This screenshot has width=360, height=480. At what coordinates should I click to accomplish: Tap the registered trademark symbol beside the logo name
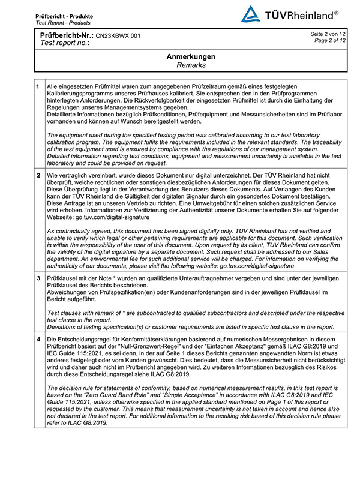(x=336, y=12)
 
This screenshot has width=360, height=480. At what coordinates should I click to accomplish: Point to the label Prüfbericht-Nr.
(x=67, y=36)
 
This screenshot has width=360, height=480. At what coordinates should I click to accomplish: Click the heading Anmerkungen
(x=191, y=56)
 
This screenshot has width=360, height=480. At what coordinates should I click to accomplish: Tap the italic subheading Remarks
(x=191, y=65)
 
